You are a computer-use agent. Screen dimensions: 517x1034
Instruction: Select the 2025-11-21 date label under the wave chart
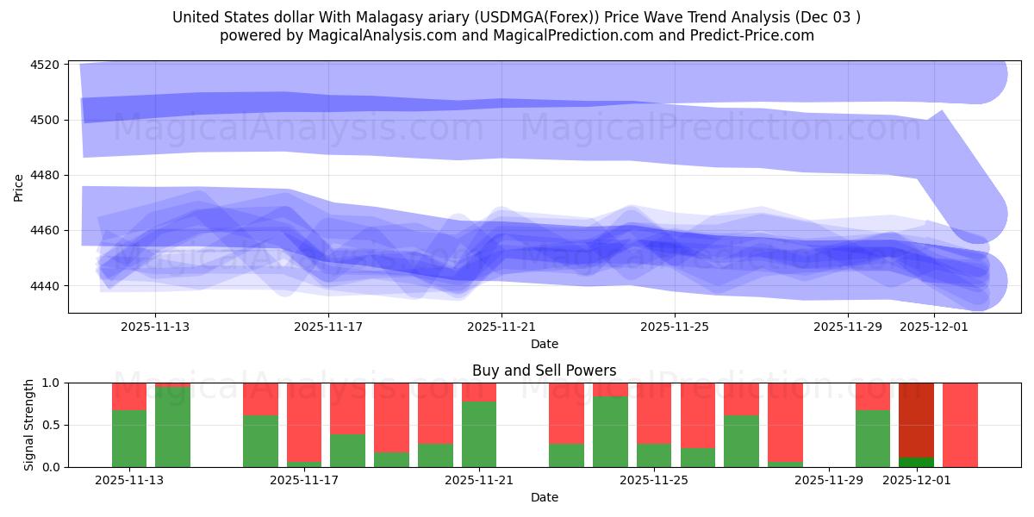[501, 327]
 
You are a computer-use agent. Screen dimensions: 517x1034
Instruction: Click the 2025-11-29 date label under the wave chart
[848, 327]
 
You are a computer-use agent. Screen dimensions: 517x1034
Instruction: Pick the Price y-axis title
[19, 187]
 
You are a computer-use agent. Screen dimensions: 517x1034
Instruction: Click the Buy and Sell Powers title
[544, 371]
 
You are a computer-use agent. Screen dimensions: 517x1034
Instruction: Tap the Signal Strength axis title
[29, 425]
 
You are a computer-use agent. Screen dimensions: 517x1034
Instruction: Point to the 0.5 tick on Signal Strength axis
[51, 425]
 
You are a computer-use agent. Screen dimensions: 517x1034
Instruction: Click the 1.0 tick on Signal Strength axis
[51, 383]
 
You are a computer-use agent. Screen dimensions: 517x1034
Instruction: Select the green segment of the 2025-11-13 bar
[129, 439]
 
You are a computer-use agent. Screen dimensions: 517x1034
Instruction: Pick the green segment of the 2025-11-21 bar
[479, 434]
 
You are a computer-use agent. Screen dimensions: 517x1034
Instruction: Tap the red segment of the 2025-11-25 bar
[654, 413]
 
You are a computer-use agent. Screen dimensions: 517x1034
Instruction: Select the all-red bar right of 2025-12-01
[960, 425]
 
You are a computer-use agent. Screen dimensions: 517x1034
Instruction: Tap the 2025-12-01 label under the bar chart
[916, 480]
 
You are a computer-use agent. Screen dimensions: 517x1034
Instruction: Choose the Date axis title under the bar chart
[544, 497]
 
